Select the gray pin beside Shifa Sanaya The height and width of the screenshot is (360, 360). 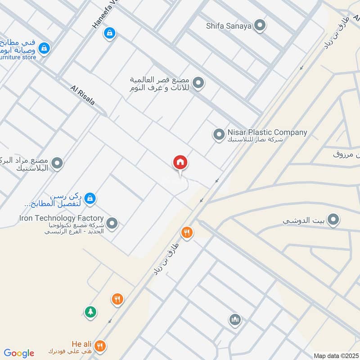pyautogui.click(x=260, y=25)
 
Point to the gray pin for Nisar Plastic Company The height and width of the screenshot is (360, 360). pyautogui.click(x=218, y=134)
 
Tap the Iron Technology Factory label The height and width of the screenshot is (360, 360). pyautogui.click(x=61, y=218)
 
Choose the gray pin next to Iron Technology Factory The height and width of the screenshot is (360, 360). pyautogui.click(x=112, y=223)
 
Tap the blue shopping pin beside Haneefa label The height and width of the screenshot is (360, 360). pyautogui.click(x=109, y=33)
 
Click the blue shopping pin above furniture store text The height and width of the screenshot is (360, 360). pyautogui.click(x=44, y=47)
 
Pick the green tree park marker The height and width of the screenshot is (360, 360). pyautogui.click(x=90, y=311)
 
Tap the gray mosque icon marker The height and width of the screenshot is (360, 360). pyautogui.click(x=234, y=320)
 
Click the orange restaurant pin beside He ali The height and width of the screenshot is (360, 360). pyautogui.click(x=100, y=346)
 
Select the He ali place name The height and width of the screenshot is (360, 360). pyautogui.click(x=81, y=344)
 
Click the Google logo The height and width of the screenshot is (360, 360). pyautogui.click(x=19, y=353)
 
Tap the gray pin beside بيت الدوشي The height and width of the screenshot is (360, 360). pyautogui.click(x=333, y=220)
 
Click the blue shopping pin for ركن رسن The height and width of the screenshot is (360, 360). pyautogui.click(x=90, y=198)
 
